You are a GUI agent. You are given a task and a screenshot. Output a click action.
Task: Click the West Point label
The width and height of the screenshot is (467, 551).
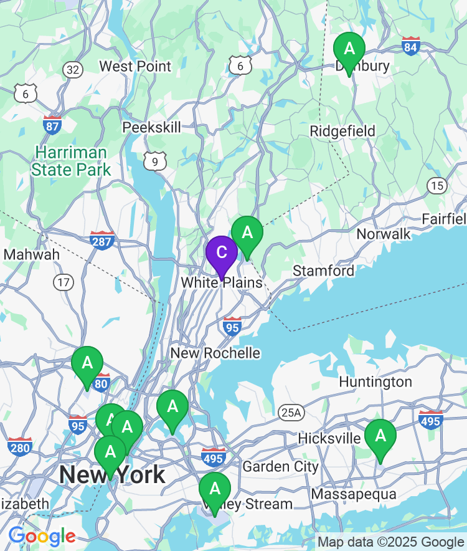pos(135,66)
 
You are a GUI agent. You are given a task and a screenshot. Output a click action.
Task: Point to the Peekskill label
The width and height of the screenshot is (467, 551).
pos(151,127)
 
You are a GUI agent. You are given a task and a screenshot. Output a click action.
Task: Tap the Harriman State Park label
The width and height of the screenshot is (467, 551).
pos(71,161)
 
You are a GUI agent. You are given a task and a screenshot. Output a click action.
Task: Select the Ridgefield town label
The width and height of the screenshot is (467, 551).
pos(342,131)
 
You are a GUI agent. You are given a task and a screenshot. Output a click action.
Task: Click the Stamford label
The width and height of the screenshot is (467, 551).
pos(323,271)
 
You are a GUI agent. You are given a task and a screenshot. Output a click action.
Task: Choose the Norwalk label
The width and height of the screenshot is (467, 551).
pos(384,234)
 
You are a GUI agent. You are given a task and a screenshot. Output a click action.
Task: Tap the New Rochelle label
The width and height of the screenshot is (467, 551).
pos(215,353)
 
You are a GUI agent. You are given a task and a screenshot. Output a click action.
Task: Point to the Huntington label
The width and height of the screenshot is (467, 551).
pos(375,381)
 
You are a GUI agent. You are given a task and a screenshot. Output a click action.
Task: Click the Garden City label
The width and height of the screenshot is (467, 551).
pos(280,466)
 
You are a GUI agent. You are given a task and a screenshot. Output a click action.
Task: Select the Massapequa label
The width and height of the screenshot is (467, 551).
pos(354,494)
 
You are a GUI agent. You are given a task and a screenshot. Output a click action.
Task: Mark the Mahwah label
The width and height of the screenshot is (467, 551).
pos(32,254)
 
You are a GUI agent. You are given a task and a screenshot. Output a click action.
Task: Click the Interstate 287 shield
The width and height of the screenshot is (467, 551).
pos(102,240)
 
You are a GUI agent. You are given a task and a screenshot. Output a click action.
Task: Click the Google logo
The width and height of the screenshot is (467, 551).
pos(42,536)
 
